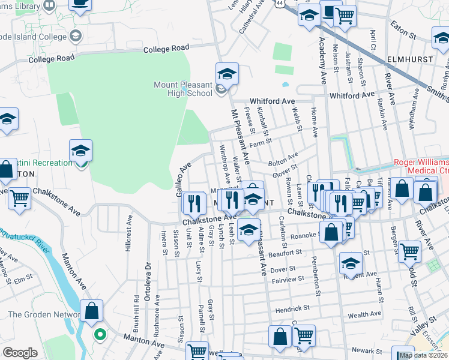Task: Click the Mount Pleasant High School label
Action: tap(183, 89)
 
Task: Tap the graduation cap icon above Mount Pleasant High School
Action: tap(227, 74)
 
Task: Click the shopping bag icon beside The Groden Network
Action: tap(91, 311)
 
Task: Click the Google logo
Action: tap(20, 353)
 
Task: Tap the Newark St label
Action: tap(367, 351)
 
